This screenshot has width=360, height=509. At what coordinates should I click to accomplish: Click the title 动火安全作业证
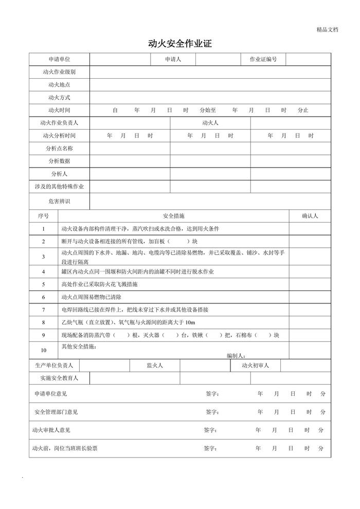tap(180, 45)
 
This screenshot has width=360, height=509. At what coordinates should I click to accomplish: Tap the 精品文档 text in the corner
tap(328, 30)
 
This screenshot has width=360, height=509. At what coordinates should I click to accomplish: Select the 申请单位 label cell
tap(59, 60)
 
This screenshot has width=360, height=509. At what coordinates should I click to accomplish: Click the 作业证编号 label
tap(263, 60)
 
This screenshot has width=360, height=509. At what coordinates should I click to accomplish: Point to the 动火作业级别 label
tap(59, 72)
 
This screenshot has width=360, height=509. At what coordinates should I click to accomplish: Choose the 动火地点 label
tap(59, 85)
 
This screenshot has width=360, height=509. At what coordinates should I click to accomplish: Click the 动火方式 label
tap(59, 98)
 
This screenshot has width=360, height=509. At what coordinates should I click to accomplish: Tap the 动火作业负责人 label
tap(59, 123)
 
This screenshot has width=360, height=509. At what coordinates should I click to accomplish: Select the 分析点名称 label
tap(59, 149)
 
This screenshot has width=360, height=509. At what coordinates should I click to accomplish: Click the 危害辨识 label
tap(59, 201)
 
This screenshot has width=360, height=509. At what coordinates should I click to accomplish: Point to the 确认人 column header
tap(310, 216)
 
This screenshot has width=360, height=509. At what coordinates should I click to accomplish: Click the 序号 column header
tap(44, 216)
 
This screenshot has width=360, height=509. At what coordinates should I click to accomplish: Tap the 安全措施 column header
tap(173, 216)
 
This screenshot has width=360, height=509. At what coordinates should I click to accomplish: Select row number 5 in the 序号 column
tap(44, 284)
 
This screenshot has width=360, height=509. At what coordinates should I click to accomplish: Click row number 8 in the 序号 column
tap(44, 322)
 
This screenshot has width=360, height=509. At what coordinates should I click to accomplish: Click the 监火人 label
tap(154, 366)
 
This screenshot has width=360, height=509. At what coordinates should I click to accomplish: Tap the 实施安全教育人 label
tap(59, 378)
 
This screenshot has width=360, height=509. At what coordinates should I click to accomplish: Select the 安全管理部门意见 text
tap(56, 412)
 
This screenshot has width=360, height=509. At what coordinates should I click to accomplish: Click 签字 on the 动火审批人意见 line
tap(210, 430)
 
